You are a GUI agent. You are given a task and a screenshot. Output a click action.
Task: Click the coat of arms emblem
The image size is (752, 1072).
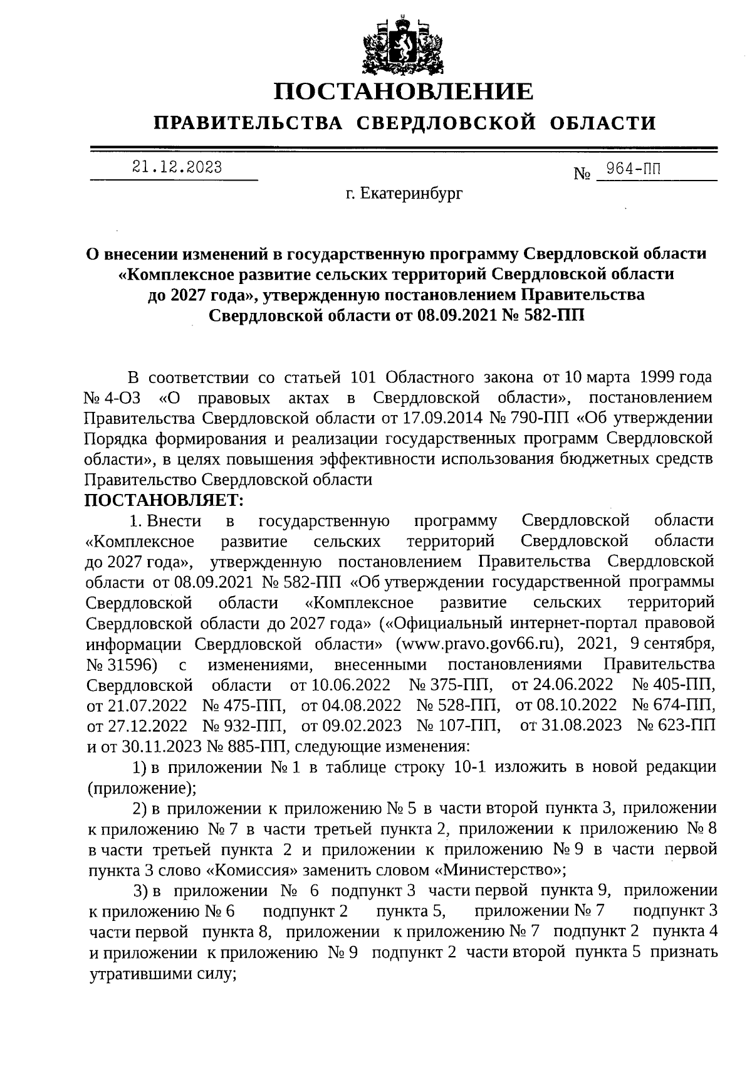click(404, 44)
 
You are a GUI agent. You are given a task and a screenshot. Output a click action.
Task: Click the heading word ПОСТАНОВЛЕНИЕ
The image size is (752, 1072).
click(404, 92)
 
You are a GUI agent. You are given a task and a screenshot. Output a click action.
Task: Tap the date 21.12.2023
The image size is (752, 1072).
click(177, 167)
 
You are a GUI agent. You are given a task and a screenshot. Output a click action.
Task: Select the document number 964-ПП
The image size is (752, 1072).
click(630, 168)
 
